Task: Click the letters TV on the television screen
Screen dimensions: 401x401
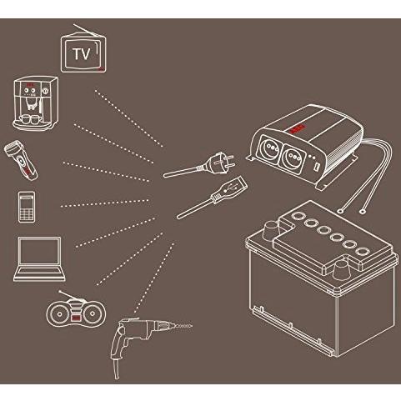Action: pyautogui.click(x=82, y=54)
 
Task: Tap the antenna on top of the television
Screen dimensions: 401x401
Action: pyautogui.click(x=86, y=30)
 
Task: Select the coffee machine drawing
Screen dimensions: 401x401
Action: pyautogui.click(x=36, y=103)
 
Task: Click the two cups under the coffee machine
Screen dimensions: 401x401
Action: pyautogui.click(x=30, y=119)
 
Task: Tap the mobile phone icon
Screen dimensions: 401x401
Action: pyautogui.click(x=27, y=207)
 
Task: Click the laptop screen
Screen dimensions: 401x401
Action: pyautogui.click(x=39, y=251)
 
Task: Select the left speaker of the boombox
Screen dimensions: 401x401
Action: pyautogui.click(x=59, y=314)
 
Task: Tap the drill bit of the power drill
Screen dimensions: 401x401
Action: pyautogui.click(x=180, y=324)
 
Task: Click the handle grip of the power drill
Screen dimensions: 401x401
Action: pyautogui.click(x=118, y=343)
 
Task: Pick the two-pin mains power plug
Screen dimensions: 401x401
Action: pyautogui.click(x=200, y=166)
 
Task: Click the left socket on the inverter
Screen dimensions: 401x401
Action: pyautogui.click(x=268, y=148)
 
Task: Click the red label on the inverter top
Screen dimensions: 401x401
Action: pyautogui.click(x=297, y=128)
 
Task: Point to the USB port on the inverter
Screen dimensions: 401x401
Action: pyautogui.click(x=317, y=168)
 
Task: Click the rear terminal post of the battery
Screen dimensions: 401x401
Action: pyautogui.click(x=271, y=230)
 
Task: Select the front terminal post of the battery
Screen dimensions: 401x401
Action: pyautogui.click(x=341, y=270)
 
